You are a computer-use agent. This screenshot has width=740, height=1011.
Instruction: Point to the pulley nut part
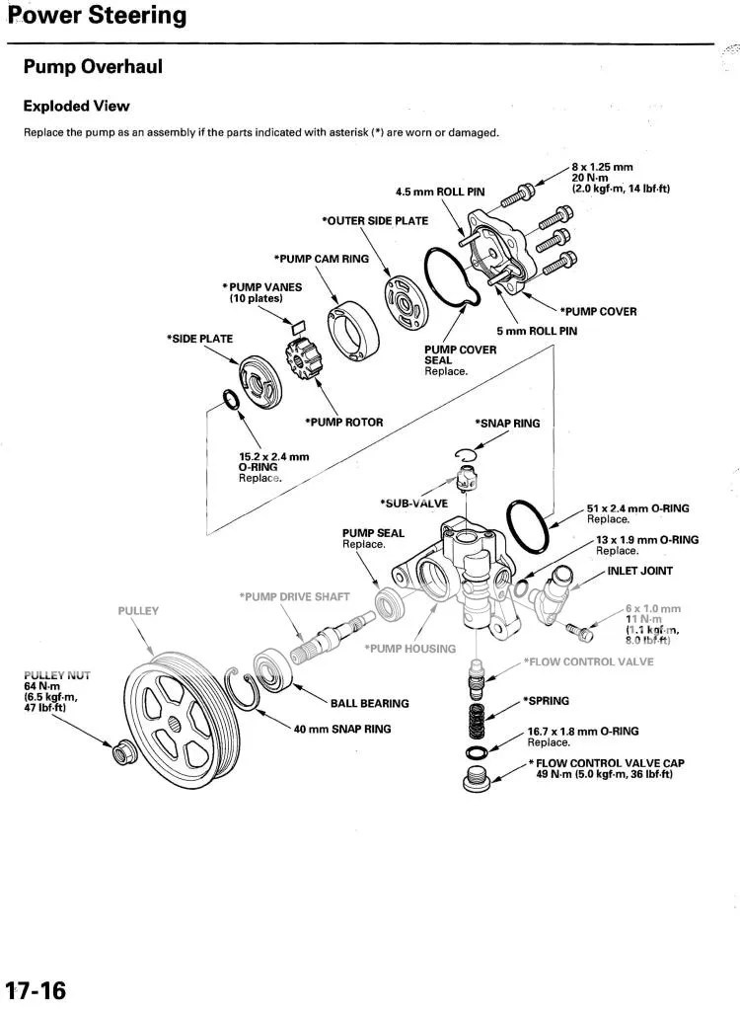pos(124,752)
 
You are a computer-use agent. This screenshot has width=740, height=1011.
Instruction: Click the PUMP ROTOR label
pos(343,422)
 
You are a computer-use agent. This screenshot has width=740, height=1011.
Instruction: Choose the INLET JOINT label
pos(640,571)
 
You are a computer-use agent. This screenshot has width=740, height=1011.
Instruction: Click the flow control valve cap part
pos(476,780)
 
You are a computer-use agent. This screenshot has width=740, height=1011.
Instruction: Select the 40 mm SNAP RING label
pos(341,729)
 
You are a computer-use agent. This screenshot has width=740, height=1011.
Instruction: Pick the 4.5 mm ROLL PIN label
pos(439,192)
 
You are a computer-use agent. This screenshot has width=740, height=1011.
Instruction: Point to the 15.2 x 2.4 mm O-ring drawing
pos(229,402)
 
